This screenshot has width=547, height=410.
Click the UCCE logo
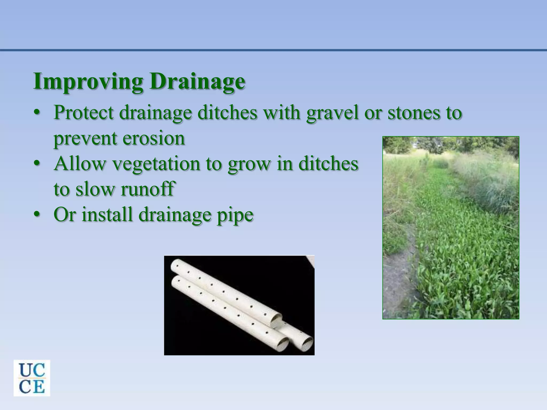[x=32, y=378]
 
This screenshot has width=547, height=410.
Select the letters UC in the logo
[x=32, y=369]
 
